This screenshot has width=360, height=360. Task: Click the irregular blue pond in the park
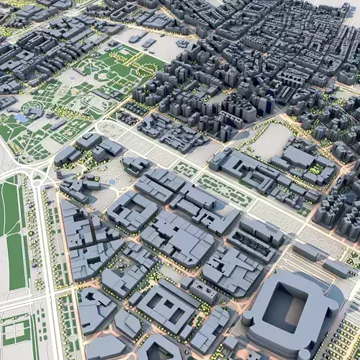[x=22, y=117]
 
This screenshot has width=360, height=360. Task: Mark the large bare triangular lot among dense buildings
[x=271, y=140]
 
